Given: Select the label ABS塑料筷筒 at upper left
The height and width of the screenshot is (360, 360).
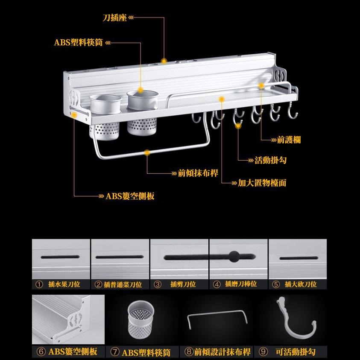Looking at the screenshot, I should pyautogui.click(x=78, y=43).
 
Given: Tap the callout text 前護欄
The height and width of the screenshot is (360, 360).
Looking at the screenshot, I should pyautogui.click(x=289, y=140).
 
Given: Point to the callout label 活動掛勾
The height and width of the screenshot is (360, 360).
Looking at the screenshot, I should pyautogui.click(x=270, y=161).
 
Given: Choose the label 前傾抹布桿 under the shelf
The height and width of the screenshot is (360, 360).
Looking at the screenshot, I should pyautogui.click(x=198, y=173).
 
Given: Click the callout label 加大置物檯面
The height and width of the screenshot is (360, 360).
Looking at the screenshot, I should pyautogui.click(x=262, y=183).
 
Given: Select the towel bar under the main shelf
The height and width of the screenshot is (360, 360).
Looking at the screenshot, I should pyautogui.click(x=149, y=149).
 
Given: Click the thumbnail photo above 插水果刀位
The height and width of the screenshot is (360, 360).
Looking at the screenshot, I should pyautogui.click(x=61, y=259).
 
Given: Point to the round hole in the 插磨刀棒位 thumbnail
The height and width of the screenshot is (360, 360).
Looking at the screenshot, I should pyautogui.click(x=234, y=257).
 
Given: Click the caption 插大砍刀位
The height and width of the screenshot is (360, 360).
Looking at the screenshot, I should pyautogui.click(x=301, y=284).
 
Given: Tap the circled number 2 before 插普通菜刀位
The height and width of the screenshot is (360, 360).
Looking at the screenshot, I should pyautogui.click(x=98, y=284).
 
